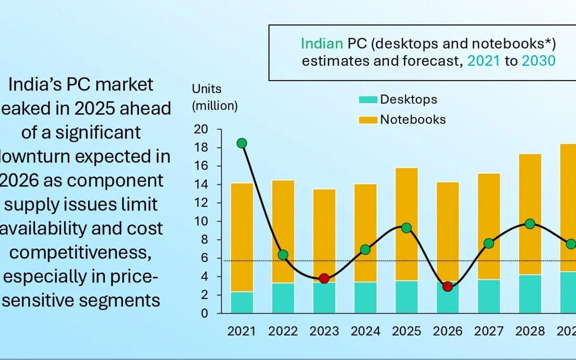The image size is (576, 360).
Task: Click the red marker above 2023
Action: (x=324, y=278)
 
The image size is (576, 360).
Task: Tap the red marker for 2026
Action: (x=447, y=286)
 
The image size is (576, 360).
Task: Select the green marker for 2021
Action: (x=242, y=143)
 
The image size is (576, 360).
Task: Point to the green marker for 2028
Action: (x=530, y=223)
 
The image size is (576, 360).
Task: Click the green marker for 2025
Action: (x=406, y=228)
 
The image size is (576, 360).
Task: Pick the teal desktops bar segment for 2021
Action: (x=242, y=302)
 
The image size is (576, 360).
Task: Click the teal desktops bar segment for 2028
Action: (x=530, y=293)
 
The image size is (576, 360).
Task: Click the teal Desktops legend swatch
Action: (x=368, y=99)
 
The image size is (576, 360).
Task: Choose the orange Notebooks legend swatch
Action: (x=368, y=120)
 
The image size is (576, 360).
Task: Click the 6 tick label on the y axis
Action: (x=203, y=258)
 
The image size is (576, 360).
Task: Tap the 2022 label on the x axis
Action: (x=283, y=331)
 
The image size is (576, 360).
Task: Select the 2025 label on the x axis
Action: (x=406, y=331)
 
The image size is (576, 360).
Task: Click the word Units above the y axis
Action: (x=206, y=89)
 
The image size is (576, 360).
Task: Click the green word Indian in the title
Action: (x=321, y=43)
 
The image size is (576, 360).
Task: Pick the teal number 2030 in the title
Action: (x=538, y=60)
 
